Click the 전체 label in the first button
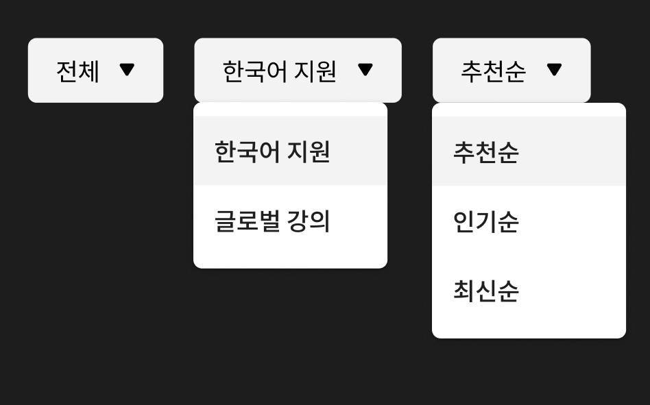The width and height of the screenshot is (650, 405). pos(77,71)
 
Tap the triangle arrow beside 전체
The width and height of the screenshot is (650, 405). pos(127,69)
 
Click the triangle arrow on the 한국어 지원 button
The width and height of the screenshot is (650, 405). pos(365,69)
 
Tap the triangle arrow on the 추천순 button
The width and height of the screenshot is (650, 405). pos(554,69)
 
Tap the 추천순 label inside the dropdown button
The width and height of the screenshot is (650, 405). pos(493,71)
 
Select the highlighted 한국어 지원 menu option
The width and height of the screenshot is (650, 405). pos(272,151)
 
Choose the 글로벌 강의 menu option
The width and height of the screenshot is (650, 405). pos(272,221)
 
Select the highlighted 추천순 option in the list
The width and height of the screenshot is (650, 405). pos(485,151)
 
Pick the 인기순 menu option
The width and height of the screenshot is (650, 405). pos(485,221)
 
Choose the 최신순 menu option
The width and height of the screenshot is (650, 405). pos(485,291)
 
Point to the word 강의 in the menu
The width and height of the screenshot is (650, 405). pos(309,221)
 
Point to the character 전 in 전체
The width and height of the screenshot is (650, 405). pos(67,71)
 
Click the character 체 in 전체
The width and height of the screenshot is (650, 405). pos(89,71)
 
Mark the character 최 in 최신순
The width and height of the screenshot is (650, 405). pos(464,291)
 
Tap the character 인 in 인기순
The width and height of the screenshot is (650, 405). pos(464,221)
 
